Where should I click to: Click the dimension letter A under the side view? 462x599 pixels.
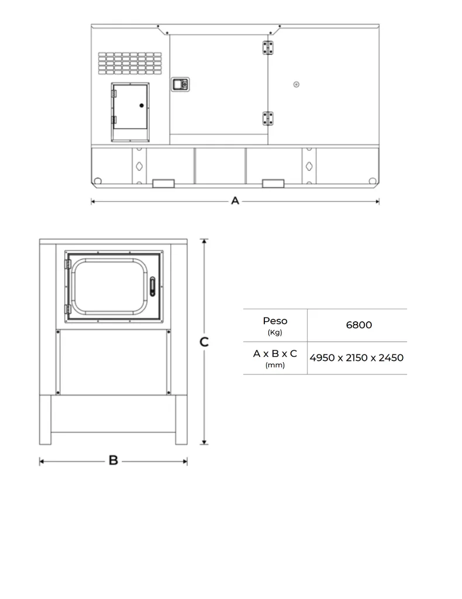[x=235, y=201]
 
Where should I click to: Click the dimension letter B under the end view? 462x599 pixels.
[x=113, y=461]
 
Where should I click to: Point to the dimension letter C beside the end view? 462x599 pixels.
[x=204, y=342]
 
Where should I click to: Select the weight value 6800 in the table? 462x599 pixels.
[x=358, y=325]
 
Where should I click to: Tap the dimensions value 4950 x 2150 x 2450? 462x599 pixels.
[x=357, y=357]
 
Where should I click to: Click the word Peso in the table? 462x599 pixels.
[x=275, y=321]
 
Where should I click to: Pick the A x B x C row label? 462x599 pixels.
[x=275, y=353]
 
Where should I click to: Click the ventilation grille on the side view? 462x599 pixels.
[x=130, y=63]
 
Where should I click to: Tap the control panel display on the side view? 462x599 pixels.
[x=180, y=84]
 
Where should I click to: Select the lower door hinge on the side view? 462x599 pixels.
[x=268, y=118]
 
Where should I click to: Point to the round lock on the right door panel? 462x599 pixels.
[x=296, y=84]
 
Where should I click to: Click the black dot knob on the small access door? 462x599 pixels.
[x=142, y=105]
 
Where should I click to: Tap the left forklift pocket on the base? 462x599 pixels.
[x=163, y=184]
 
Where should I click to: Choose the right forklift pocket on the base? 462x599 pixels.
[x=273, y=184]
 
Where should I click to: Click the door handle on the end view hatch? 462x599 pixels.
[x=153, y=286]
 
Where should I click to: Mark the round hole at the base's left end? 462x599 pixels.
[x=98, y=181]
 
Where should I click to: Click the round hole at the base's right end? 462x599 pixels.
[x=372, y=181]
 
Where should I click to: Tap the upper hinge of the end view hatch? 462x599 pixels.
[x=67, y=264]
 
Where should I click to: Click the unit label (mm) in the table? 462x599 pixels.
[x=275, y=365]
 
